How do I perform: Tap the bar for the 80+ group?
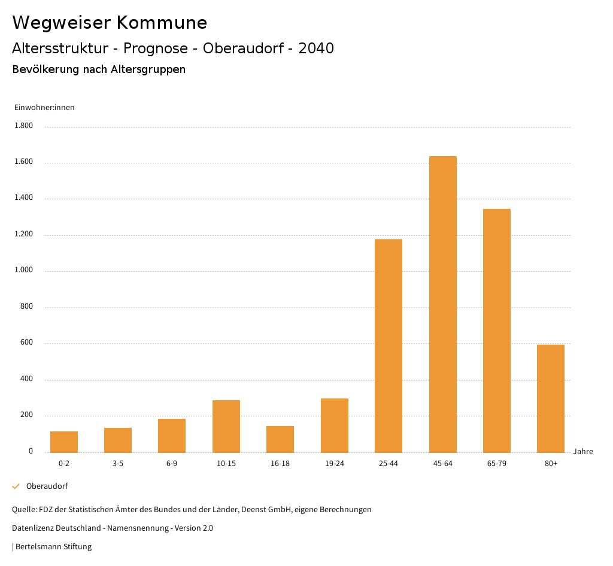pos(551,398)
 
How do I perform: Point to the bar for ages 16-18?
pos(280,439)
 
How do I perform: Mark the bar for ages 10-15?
pos(226,426)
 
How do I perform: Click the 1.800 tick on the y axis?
pos(24,126)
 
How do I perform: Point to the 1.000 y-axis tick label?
pos(24,271)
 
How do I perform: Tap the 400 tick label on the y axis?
pos(27,379)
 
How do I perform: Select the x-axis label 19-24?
pos(335,464)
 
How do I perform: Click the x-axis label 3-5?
pos(118,464)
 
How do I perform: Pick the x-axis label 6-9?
pos(172,464)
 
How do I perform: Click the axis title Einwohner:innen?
pos(44,108)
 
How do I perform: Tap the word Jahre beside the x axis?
pos(583,452)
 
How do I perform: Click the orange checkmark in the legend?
pos(16,486)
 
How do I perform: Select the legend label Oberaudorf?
pos(47,486)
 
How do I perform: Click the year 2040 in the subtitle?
pos(316,48)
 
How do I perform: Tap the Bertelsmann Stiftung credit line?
pos(52,547)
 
